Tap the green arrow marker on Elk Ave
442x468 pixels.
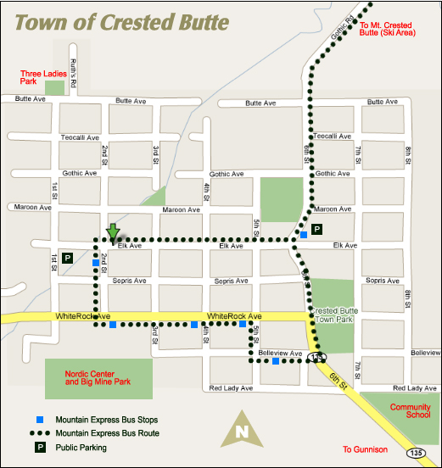[x=113, y=231]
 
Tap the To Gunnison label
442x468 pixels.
[x=365, y=449]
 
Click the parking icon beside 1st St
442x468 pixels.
[x=68, y=257]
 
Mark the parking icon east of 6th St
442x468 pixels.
[x=317, y=229]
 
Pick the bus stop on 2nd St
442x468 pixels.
[x=95, y=263]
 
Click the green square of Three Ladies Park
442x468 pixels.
[x=55, y=87]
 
